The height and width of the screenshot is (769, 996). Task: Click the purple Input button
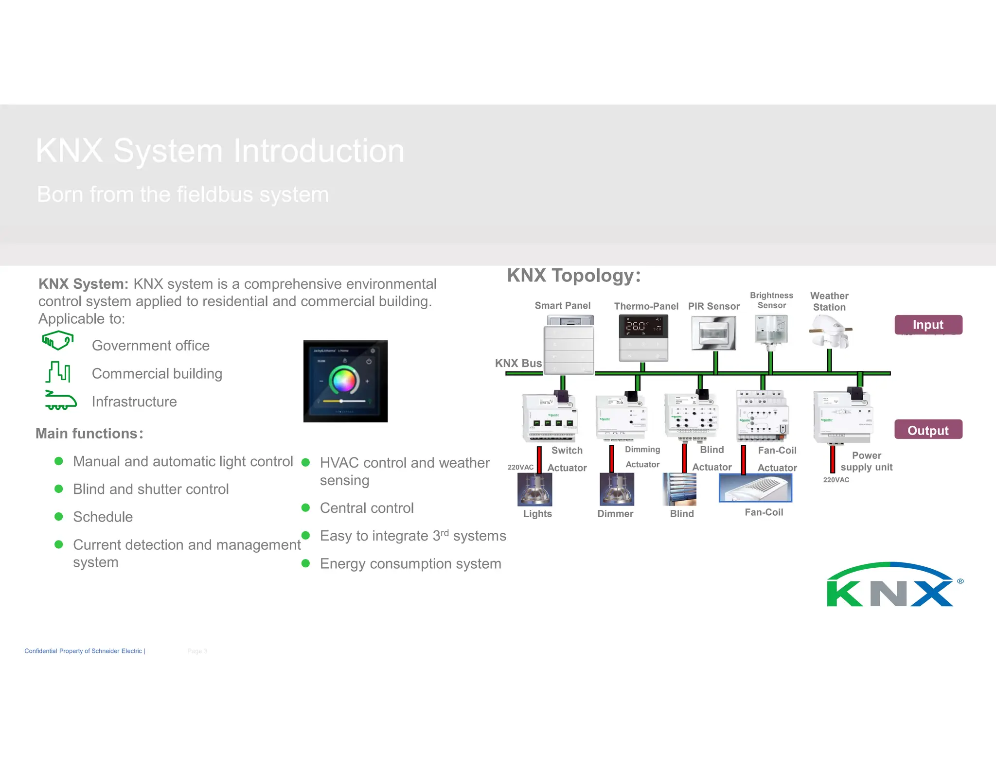928,325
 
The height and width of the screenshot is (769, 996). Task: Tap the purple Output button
928,430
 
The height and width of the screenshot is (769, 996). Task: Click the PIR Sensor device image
713,333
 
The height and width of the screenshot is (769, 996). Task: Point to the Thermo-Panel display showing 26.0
643,326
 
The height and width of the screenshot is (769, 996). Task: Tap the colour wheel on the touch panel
344,380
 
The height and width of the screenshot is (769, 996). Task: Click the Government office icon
58,340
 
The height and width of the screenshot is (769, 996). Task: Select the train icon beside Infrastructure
60,401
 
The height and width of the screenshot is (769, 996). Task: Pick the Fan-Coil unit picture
755,488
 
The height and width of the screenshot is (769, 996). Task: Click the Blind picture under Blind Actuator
679,489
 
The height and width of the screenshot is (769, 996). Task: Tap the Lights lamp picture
534,489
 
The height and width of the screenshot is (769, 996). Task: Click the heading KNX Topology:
574,276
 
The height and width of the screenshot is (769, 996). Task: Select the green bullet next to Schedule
59,516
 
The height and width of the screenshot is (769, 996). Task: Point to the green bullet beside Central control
305,507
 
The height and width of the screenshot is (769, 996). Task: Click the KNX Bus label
518,363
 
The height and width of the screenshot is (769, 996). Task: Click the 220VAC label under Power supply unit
836,480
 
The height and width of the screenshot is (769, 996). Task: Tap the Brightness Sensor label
771,300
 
